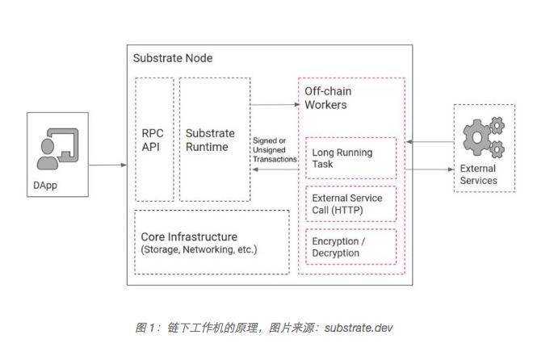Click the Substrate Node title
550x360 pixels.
click(x=173, y=58)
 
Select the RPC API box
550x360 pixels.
click(x=154, y=139)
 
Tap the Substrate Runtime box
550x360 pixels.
click(x=214, y=139)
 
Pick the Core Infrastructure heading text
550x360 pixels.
click(x=189, y=237)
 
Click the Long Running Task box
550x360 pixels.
click(x=351, y=157)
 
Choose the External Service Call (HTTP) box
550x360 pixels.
click(x=351, y=203)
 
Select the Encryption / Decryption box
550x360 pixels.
click(x=351, y=247)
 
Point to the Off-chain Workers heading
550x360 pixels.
click(x=325, y=98)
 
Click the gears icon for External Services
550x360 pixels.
click(x=483, y=138)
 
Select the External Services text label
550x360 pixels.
click(x=478, y=174)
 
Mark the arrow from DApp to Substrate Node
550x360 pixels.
click(x=107, y=165)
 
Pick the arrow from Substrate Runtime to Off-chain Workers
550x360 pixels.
click(x=274, y=105)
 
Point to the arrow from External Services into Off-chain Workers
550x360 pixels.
click(x=429, y=141)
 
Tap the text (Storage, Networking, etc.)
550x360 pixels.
click(x=198, y=249)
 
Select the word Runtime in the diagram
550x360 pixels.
click(x=207, y=147)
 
